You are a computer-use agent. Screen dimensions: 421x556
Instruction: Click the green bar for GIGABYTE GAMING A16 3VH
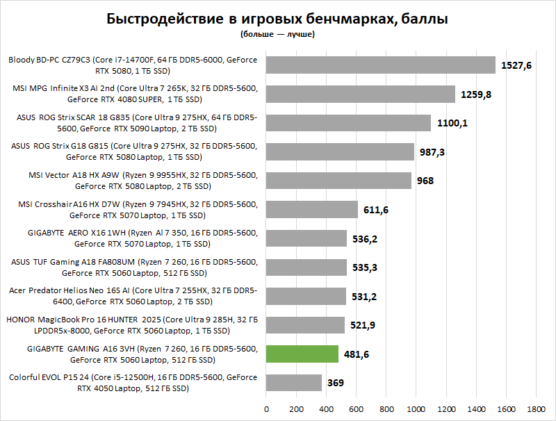(x=302, y=354)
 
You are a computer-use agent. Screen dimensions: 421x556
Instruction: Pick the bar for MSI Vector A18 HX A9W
(x=338, y=181)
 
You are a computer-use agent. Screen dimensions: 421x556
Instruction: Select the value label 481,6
(x=357, y=354)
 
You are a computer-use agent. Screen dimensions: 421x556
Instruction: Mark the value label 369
(x=336, y=383)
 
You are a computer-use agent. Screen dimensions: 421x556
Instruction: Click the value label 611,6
(x=376, y=210)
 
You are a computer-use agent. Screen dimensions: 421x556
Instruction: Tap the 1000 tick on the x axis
(x=416, y=408)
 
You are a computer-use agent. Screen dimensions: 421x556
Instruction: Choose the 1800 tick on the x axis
(x=536, y=408)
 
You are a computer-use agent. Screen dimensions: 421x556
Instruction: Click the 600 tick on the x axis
(x=356, y=408)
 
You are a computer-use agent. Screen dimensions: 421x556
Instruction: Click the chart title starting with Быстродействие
(x=277, y=18)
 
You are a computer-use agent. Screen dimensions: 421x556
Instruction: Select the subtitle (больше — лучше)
(x=277, y=33)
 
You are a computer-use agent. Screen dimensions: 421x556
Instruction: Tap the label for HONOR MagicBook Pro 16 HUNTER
(x=132, y=325)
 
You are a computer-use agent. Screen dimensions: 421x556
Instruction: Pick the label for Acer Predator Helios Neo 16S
(x=132, y=296)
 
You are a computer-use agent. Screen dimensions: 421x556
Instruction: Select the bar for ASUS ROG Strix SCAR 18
(x=348, y=123)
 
